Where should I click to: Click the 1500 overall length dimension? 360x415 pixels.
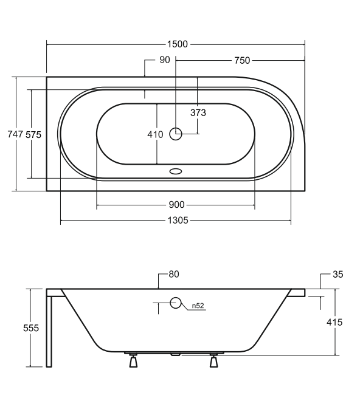(177, 44)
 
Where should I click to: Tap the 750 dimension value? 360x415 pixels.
(242, 61)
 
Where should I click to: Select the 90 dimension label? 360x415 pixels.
(165, 60)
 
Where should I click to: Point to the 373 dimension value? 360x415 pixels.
(198, 113)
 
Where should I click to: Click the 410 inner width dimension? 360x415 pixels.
(155, 135)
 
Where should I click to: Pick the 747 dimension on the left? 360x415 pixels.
(15, 134)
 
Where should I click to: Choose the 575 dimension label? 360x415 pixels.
(33, 135)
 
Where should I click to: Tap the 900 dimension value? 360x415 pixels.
(177, 205)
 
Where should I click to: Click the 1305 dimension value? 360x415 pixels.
(178, 220)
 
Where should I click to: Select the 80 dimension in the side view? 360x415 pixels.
(174, 275)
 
